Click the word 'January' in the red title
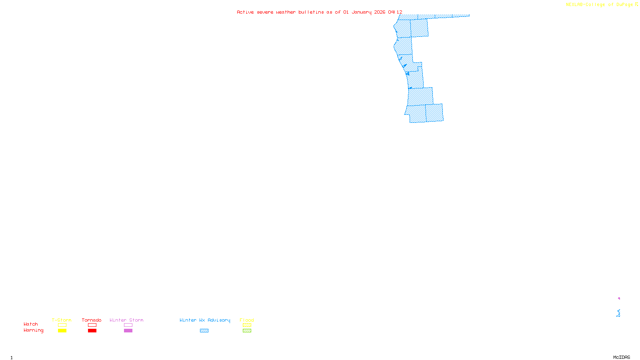tap(362, 12)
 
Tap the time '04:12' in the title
tap(395, 12)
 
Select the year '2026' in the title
tap(380, 12)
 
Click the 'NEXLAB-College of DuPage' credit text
tap(599, 5)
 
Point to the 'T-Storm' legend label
tap(62, 320)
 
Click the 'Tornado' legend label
tap(92, 320)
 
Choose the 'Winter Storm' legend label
tap(126, 320)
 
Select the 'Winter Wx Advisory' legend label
tap(205, 320)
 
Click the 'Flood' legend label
tap(247, 320)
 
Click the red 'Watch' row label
tap(31, 324)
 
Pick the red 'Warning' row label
tap(34, 330)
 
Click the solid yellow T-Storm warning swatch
tap(62, 331)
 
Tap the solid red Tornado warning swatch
tap(92, 331)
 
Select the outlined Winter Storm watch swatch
tap(128, 325)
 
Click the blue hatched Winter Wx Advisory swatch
tap(204, 331)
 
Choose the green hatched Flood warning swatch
tap(247, 331)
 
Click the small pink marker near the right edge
tap(619, 298)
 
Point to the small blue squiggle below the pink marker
tap(618, 313)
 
